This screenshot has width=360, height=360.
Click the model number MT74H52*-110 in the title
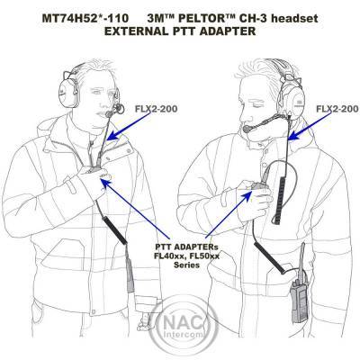tap(85, 19)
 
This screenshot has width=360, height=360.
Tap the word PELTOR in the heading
tap(204, 19)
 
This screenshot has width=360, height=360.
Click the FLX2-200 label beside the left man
tap(156, 109)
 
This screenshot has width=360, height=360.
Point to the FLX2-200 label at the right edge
tap(337, 109)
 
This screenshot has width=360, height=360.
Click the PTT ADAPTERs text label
tap(187, 247)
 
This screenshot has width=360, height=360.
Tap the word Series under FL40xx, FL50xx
tap(186, 265)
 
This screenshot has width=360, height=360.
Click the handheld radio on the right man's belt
tap(298, 300)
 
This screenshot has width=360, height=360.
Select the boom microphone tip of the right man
tap(247, 130)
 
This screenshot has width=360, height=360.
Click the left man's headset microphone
tap(109, 114)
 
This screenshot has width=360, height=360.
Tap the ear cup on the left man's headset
tap(66, 92)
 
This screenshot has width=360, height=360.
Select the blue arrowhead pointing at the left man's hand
tap(104, 182)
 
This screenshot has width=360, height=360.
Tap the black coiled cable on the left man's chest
tap(115, 229)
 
